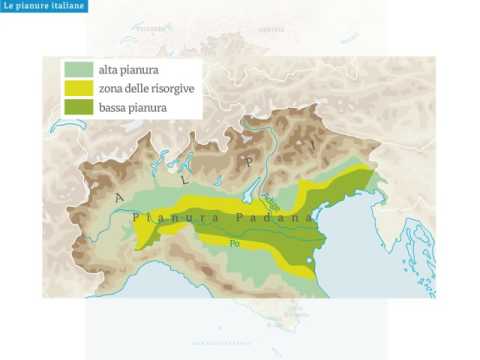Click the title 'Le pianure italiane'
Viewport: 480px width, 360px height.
tap(43, 7)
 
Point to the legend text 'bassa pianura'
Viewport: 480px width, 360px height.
tap(132, 106)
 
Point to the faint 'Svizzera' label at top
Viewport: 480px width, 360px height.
tap(151, 29)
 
